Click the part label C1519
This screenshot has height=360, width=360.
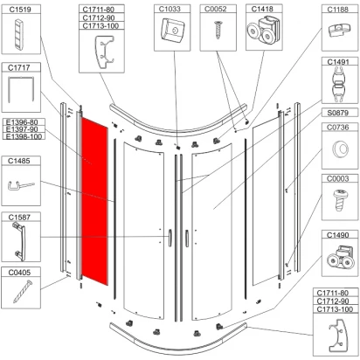pyautogui.click(x=20, y=10)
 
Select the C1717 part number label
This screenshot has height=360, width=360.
pyautogui.click(x=19, y=68)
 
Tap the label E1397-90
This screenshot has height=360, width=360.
pyautogui.click(x=22, y=129)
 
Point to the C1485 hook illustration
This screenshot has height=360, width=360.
pyautogui.click(x=20, y=185)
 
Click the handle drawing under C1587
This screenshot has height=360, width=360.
pyautogui.click(x=19, y=241)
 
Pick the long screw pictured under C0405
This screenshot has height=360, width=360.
pyautogui.click(x=23, y=292)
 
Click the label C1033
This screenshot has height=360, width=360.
pyautogui.click(x=170, y=10)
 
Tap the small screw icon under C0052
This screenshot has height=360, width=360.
pyautogui.click(x=218, y=30)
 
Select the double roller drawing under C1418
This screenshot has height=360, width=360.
pyautogui.click(x=264, y=31)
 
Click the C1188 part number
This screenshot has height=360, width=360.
pyautogui.click(x=338, y=10)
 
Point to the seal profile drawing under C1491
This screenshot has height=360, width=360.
pyautogui.click(x=338, y=84)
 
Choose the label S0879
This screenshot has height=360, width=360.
pyautogui.click(x=338, y=113)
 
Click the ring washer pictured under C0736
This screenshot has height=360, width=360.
pyautogui.click(x=340, y=149)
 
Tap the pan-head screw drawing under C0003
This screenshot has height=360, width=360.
pyautogui.click(x=340, y=199)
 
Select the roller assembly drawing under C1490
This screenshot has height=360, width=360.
pyautogui.click(x=340, y=257)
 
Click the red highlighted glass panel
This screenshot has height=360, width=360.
pyautogui.click(x=94, y=201)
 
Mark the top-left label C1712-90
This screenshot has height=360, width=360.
pyautogui.click(x=99, y=17)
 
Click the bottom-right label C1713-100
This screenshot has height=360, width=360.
pyautogui.click(x=335, y=309)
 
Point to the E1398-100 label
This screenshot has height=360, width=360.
pyautogui.click(x=24, y=136)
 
